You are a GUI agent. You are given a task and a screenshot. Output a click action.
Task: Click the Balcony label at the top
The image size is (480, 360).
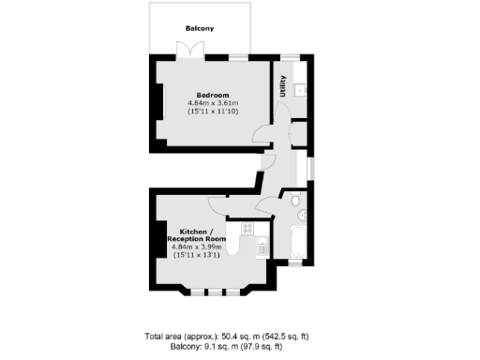199,29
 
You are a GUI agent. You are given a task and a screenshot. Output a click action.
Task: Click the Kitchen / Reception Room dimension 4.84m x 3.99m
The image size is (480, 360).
198,247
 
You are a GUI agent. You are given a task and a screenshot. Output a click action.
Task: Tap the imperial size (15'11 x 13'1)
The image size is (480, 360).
198,255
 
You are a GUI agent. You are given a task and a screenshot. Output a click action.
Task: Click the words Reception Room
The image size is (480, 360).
199,239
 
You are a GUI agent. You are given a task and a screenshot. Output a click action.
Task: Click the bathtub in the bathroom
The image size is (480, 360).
296,241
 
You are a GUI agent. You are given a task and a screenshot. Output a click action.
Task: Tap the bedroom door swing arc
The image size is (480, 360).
270,136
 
